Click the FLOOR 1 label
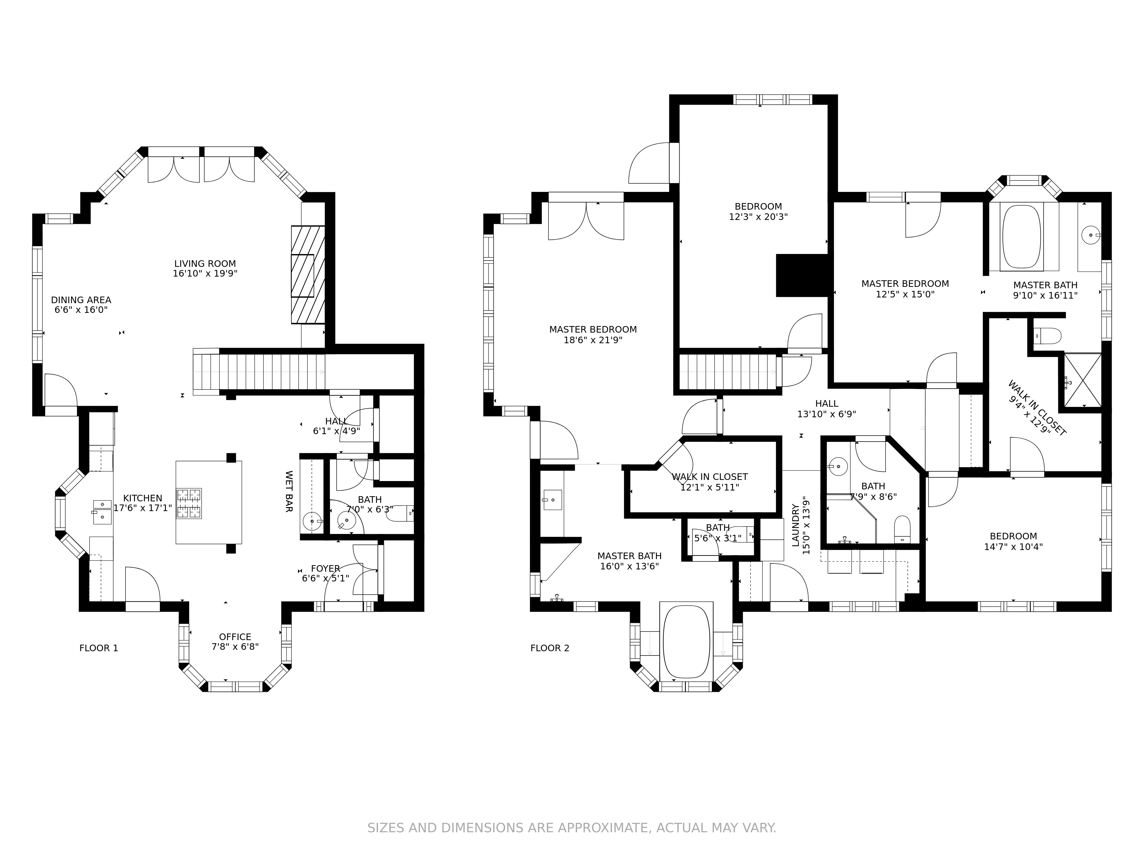coord(98,648)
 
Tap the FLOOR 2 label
coord(550,648)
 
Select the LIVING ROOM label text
coord(205,264)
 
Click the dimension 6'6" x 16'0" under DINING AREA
coord(81,310)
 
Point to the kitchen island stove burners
coord(189,503)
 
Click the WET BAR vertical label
coord(289,491)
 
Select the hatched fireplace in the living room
coord(308,275)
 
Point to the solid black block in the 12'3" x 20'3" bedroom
coord(802,275)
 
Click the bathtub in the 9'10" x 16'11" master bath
coord(1021,236)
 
